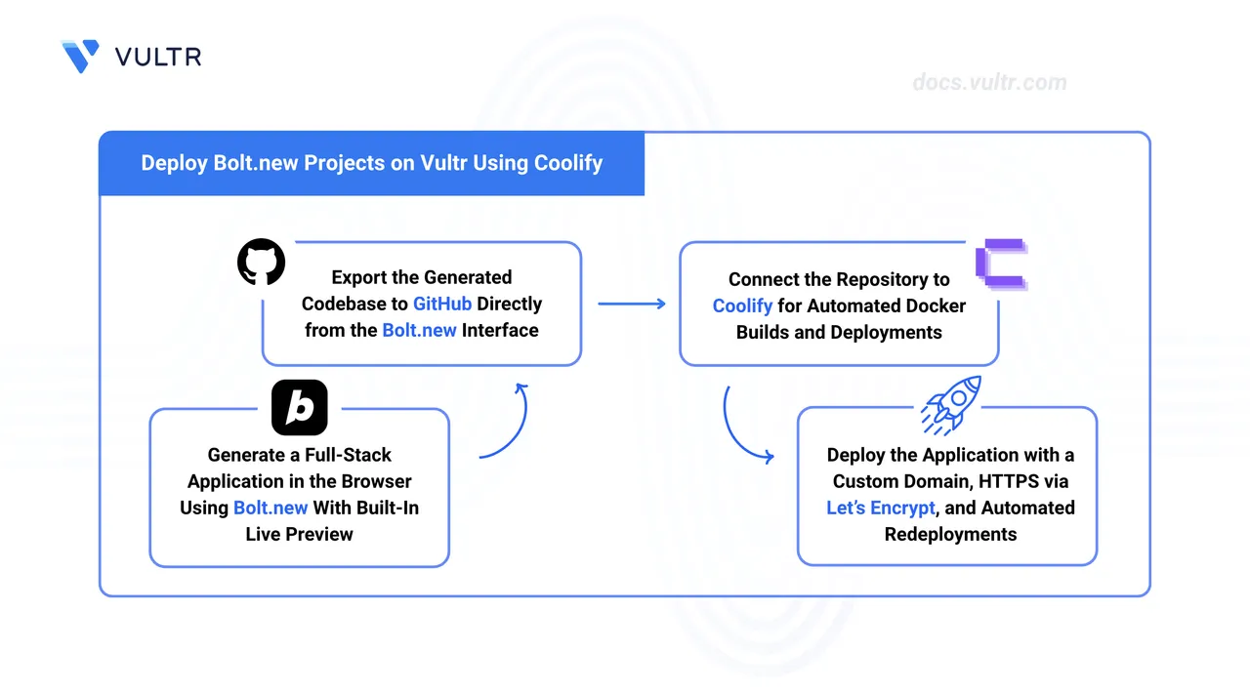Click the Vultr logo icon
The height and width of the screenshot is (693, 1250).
(80, 56)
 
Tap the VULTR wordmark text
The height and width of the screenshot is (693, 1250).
(158, 57)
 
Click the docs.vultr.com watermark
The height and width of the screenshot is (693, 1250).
(989, 83)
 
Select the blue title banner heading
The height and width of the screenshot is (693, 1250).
(371, 163)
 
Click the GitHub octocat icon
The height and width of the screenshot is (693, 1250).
(262, 263)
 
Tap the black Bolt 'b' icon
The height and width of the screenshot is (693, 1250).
(299, 407)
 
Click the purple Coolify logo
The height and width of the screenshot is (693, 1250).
(1000, 264)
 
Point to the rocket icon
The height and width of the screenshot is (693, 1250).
(951, 404)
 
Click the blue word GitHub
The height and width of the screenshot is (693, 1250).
(441, 304)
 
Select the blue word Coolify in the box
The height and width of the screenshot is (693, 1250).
(742, 306)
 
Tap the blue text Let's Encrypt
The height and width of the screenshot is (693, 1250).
(881, 508)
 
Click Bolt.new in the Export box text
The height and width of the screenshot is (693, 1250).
(419, 330)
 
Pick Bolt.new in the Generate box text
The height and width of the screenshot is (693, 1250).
(271, 508)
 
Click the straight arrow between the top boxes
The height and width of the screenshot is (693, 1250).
(631, 304)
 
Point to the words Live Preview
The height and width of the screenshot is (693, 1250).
(299, 534)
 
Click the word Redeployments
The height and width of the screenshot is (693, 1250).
(950, 534)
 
